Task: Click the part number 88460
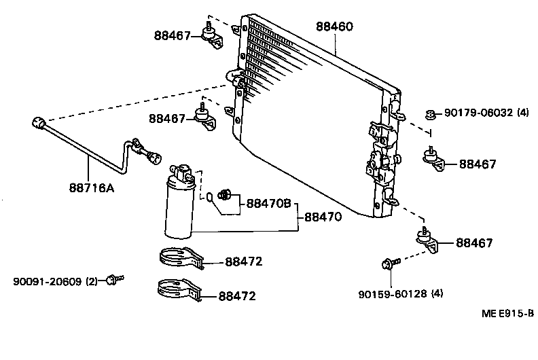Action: [334, 27]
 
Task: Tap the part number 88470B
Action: [268, 203]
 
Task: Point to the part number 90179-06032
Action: [478, 113]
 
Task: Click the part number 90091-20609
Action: [46, 281]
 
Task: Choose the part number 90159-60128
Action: [392, 294]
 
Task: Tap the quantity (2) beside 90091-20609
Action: [92, 281]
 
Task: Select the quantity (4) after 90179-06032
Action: [522, 113]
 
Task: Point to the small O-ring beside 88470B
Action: [211, 198]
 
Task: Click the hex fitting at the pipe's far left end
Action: [40, 123]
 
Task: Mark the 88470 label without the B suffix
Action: [322, 217]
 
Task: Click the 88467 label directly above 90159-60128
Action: [474, 242]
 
